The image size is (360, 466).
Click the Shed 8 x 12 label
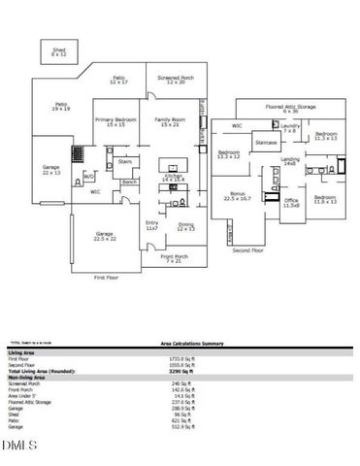pos(58,50)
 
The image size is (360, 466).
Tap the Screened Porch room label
pos(175,81)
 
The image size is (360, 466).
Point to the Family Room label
pos(171,121)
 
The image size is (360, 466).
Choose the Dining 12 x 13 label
pos(185,227)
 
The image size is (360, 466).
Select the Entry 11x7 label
pos(152,226)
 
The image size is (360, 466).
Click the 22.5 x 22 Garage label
pos(104,236)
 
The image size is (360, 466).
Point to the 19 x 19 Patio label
pos(60,107)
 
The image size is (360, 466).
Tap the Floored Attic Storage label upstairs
pos(291,109)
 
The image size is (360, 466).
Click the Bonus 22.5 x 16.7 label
pos(237,196)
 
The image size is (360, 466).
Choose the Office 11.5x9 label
pos(290,204)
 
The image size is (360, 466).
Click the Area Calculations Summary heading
pos(193,343)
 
